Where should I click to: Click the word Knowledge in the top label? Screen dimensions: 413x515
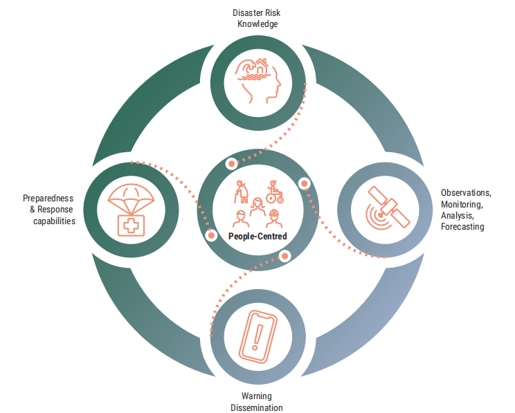pyautogui.click(x=257, y=24)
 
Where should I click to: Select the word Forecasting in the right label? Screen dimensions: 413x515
pyautogui.click(x=462, y=226)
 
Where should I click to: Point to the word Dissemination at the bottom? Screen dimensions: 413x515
pyautogui.click(x=256, y=407)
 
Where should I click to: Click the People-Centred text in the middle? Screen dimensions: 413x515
pyautogui.click(x=257, y=236)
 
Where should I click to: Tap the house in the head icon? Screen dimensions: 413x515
pyautogui.click(x=260, y=67)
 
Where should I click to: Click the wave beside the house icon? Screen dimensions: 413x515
pyautogui.click(x=244, y=69)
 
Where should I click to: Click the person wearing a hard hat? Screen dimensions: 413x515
pyautogui.click(x=275, y=217)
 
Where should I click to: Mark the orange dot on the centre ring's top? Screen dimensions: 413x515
pyautogui.click(x=232, y=164)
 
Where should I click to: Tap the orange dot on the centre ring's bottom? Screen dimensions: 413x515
pyautogui.click(x=284, y=255)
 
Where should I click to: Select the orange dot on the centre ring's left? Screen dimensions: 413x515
pyautogui.click(x=213, y=235)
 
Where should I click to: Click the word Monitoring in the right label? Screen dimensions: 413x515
pyautogui.click(x=461, y=205)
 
